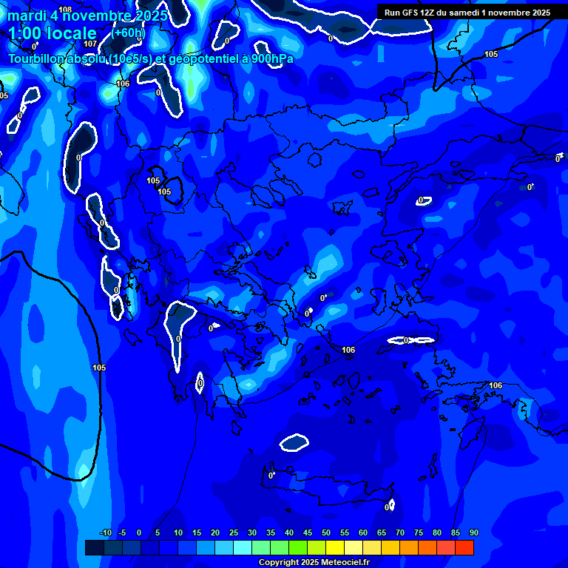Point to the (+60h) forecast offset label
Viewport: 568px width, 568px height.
(x=129, y=33)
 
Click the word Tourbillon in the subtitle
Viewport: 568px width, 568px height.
(x=38, y=58)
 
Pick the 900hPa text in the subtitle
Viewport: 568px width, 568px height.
(x=272, y=58)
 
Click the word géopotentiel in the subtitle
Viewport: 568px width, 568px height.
(x=200, y=58)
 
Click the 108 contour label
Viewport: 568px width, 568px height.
(x=65, y=10)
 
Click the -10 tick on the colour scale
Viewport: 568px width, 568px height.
(x=105, y=533)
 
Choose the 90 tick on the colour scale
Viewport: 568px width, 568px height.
(x=474, y=533)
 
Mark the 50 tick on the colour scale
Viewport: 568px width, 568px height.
(x=326, y=533)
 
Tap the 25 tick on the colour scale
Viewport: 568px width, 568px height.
(x=234, y=533)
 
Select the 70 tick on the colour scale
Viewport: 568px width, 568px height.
(x=400, y=533)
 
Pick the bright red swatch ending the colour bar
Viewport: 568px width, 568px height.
(x=464, y=547)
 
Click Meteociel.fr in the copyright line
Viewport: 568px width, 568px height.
(x=339, y=563)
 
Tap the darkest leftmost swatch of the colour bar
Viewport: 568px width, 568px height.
(x=94, y=547)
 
